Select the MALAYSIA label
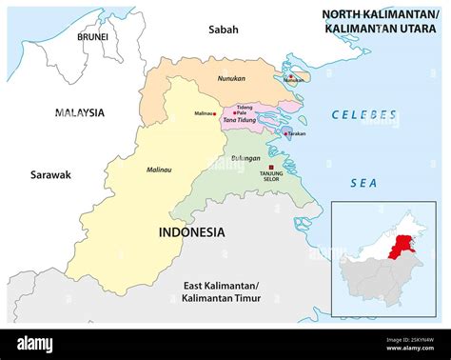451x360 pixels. pos(80,112)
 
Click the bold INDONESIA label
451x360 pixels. pos(191,231)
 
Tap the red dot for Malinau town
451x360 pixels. pos(220,113)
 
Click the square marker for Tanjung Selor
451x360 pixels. pos(271,167)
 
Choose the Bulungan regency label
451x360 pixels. pos(245,158)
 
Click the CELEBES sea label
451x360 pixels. pos(363,115)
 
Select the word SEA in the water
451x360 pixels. pos(363,181)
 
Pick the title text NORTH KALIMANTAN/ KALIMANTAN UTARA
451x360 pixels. pos(380,22)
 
